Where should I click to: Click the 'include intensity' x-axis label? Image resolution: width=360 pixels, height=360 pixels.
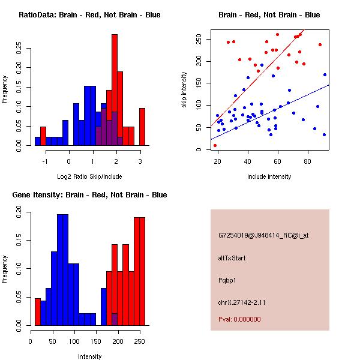tap(269, 176)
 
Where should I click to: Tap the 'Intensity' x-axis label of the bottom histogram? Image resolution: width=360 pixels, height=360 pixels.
tap(89, 356)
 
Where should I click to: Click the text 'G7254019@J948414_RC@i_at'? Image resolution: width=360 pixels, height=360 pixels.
tap(263, 236)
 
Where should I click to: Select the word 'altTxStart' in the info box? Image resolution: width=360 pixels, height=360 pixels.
tap(232, 258)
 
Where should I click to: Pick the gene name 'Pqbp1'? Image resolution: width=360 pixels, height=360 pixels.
tap(228, 280)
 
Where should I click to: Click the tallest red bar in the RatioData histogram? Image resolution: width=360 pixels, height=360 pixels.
tap(114, 78)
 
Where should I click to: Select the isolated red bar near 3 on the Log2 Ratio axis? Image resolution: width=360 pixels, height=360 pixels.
tap(142, 127)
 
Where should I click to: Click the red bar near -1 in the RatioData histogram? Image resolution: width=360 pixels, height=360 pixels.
tap(43, 136)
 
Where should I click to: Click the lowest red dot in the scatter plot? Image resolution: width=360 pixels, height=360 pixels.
tap(215, 145)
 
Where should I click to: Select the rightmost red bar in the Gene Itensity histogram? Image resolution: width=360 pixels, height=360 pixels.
tap(142, 270)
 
